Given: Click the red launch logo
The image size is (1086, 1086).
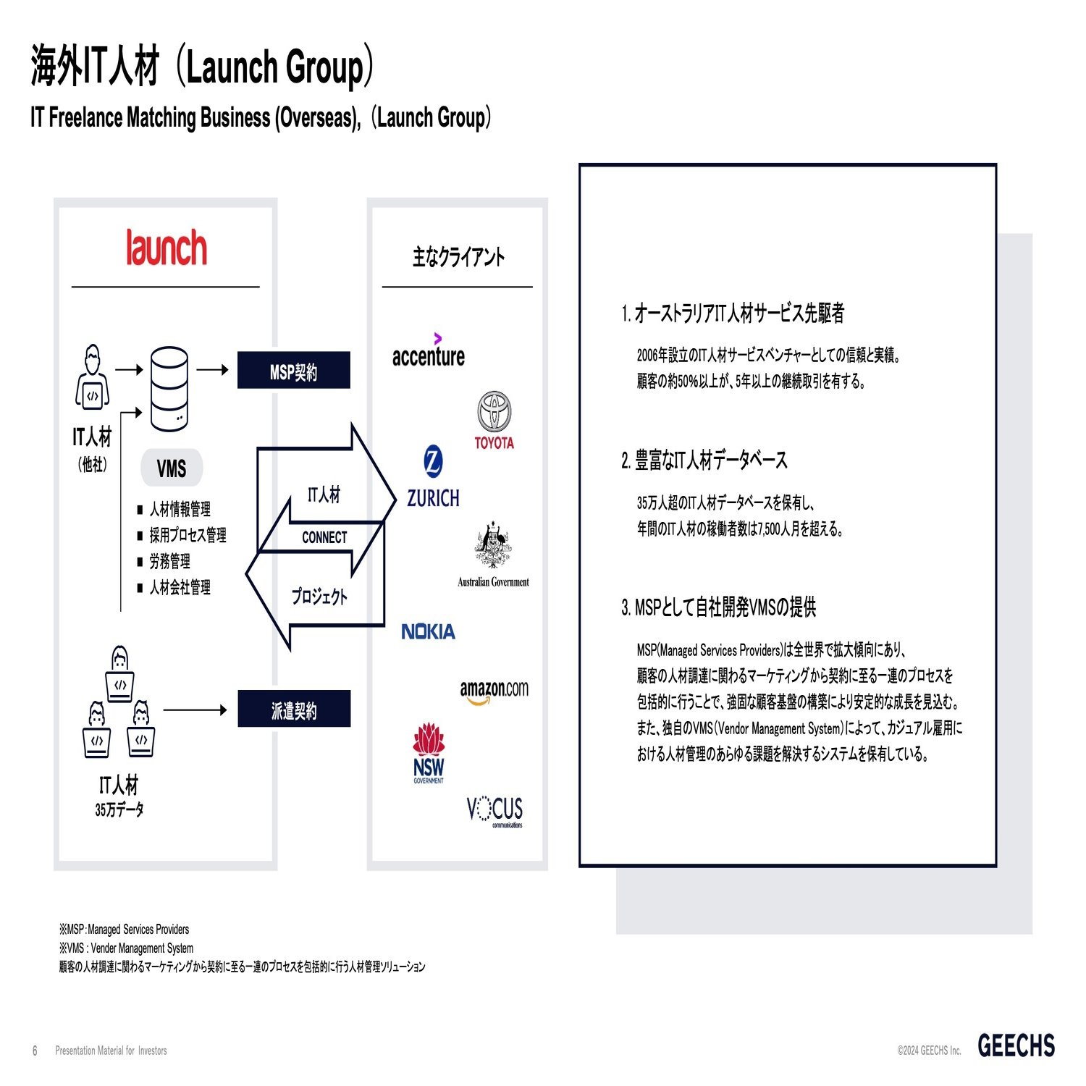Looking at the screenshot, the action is (x=167, y=248).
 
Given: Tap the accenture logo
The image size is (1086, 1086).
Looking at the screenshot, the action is (x=429, y=352).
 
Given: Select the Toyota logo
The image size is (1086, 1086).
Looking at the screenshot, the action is (x=494, y=420).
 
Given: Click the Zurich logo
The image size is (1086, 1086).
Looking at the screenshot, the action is (x=433, y=478).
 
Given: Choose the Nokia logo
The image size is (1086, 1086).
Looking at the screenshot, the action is (x=429, y=632).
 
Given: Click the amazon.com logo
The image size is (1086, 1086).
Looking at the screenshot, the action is (x=494, y=691).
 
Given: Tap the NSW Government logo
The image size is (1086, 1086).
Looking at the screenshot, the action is (x=429, y=753).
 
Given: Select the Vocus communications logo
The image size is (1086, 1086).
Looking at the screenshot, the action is (x=494, y=810).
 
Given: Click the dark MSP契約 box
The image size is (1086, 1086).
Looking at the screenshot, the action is (x=293, y=371).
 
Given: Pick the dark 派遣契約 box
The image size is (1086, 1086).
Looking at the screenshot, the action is (x=294, y=709).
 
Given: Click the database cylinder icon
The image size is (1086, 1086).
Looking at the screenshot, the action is (x=169, y=388).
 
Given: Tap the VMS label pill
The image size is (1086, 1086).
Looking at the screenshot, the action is (x=171, y=468).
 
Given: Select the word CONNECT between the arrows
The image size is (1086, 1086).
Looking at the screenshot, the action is (x=324, y=537).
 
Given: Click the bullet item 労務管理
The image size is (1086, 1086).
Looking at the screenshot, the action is (x=170, y=561).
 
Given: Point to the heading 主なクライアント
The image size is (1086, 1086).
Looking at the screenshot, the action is (x=458, y=257).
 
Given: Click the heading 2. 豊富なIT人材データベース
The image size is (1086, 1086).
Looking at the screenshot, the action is (x=704, y=460).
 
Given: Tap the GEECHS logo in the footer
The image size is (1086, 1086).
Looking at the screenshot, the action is (x=1016, y=1045).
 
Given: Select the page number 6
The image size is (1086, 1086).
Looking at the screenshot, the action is (x=35, y=1051).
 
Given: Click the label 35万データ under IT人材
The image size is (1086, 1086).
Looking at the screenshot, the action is (x=119, y=809).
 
